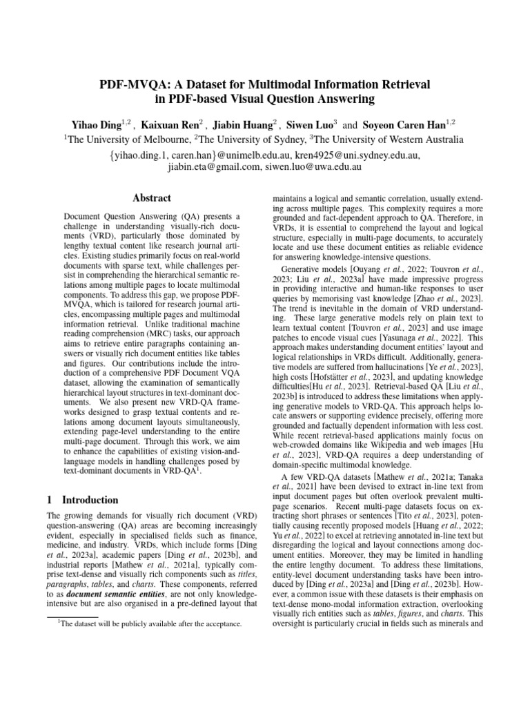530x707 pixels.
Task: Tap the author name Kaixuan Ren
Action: [170, 124]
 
